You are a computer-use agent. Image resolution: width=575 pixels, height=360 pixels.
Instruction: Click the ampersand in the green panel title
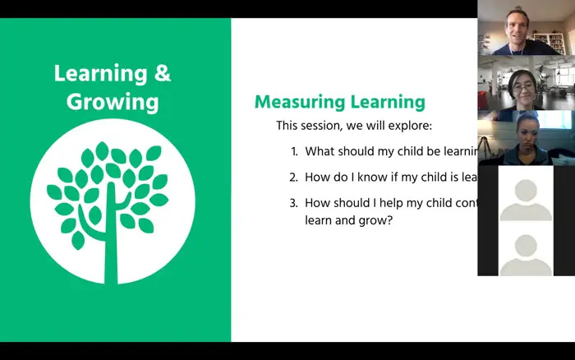click(x=163, y=73)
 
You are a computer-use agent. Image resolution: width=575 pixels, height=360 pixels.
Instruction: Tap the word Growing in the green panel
click(x=112, y=102)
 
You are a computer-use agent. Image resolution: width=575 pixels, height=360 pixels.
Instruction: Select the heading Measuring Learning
click(x=339, y=102)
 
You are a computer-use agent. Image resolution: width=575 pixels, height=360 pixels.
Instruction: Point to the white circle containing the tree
click(x=113, y=202)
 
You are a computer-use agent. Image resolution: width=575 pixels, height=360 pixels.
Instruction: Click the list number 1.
click(x=294, y=151)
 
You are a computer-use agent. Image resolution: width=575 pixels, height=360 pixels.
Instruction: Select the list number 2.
click(x=294, y=177)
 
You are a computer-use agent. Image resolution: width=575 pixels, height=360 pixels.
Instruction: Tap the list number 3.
click(x=294, y=202)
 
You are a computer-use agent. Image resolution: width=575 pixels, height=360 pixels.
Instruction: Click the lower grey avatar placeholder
click(x=526, y=248)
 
